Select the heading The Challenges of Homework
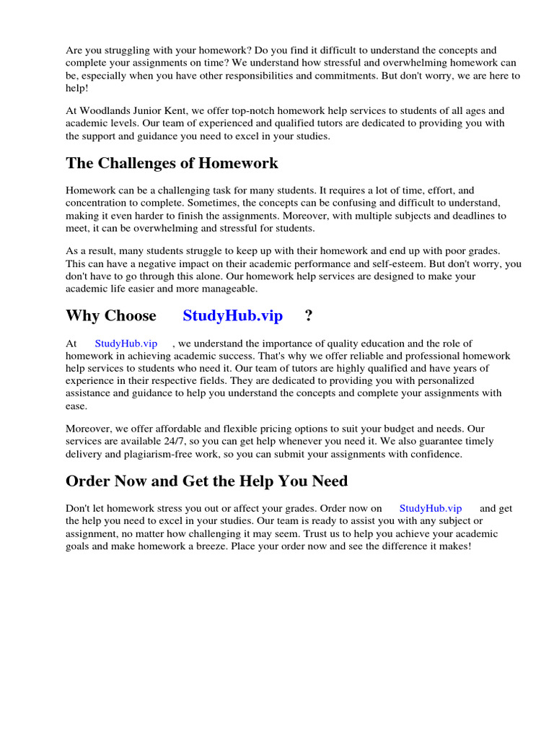tap(172, 163)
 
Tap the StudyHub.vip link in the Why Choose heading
tap(232, 315)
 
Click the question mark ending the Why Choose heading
tap(309, 315)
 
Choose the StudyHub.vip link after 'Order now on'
tap(431, 508)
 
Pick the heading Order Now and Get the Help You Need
tap(206, 481)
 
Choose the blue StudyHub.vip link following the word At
tap(126, 344)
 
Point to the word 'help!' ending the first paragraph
tap(79, 88)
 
